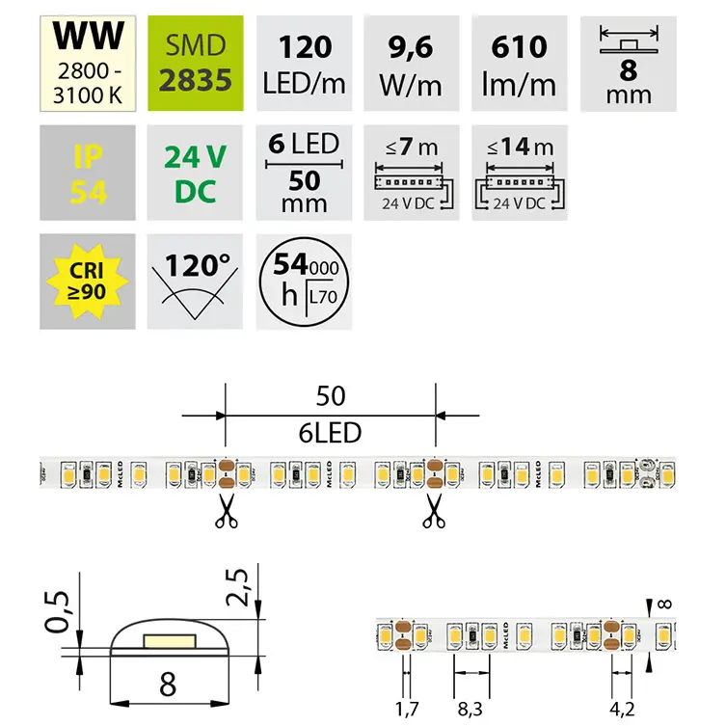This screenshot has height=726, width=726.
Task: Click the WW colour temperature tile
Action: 89,61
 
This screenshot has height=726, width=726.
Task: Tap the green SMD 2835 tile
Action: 197,61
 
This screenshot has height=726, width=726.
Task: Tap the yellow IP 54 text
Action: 89,173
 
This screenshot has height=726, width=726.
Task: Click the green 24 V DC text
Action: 197,173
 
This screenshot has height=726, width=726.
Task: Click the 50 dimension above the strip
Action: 331,396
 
